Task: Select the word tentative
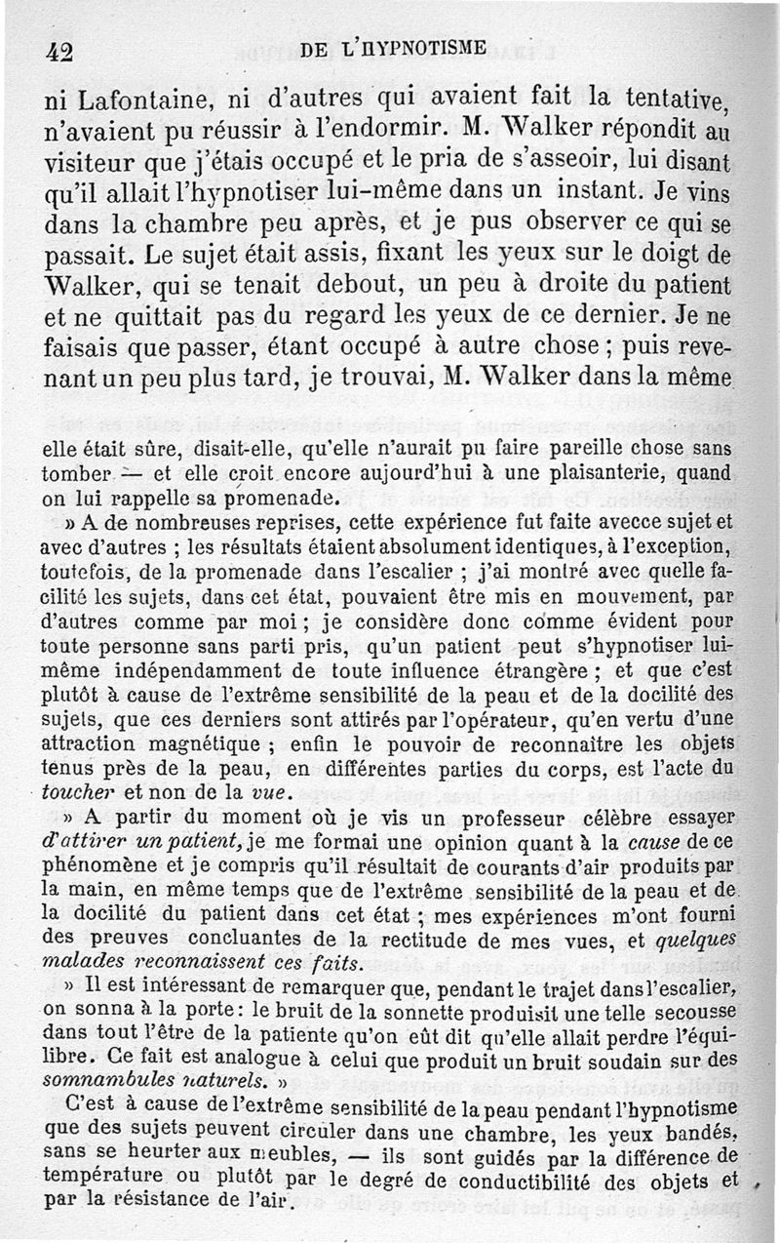point(680,98)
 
